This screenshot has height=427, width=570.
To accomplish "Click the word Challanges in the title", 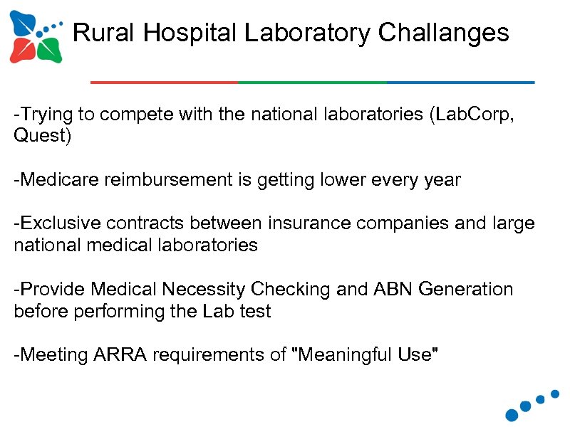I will pos(444,33).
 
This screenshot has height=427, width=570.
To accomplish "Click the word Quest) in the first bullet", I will pos(43,136).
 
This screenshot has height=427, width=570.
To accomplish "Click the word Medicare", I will pos(59,180).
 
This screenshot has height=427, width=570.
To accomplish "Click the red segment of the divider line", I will pos(165,83).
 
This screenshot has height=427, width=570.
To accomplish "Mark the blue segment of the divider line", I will pos(460,83).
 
